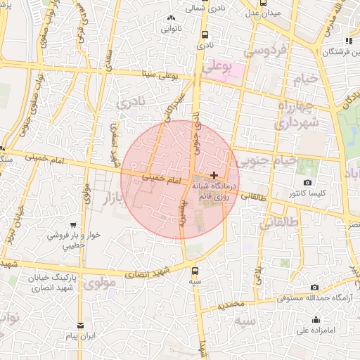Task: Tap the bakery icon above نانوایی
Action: pyautogui.click(x=170, y=18)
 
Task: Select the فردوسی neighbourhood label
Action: pyautogui.click(x=264, y=51)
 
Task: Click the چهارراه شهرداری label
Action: pyautogui.click(x=299, y=114)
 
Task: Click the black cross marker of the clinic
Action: pyautogui.click(x=214, y=174)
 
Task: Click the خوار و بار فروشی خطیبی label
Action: pyautogui.click(x=65, y=240)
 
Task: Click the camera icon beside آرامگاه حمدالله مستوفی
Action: pyautogui.click(x=314, y=287)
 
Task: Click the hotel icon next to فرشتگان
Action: pyautogui.click(x=350, y=41)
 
